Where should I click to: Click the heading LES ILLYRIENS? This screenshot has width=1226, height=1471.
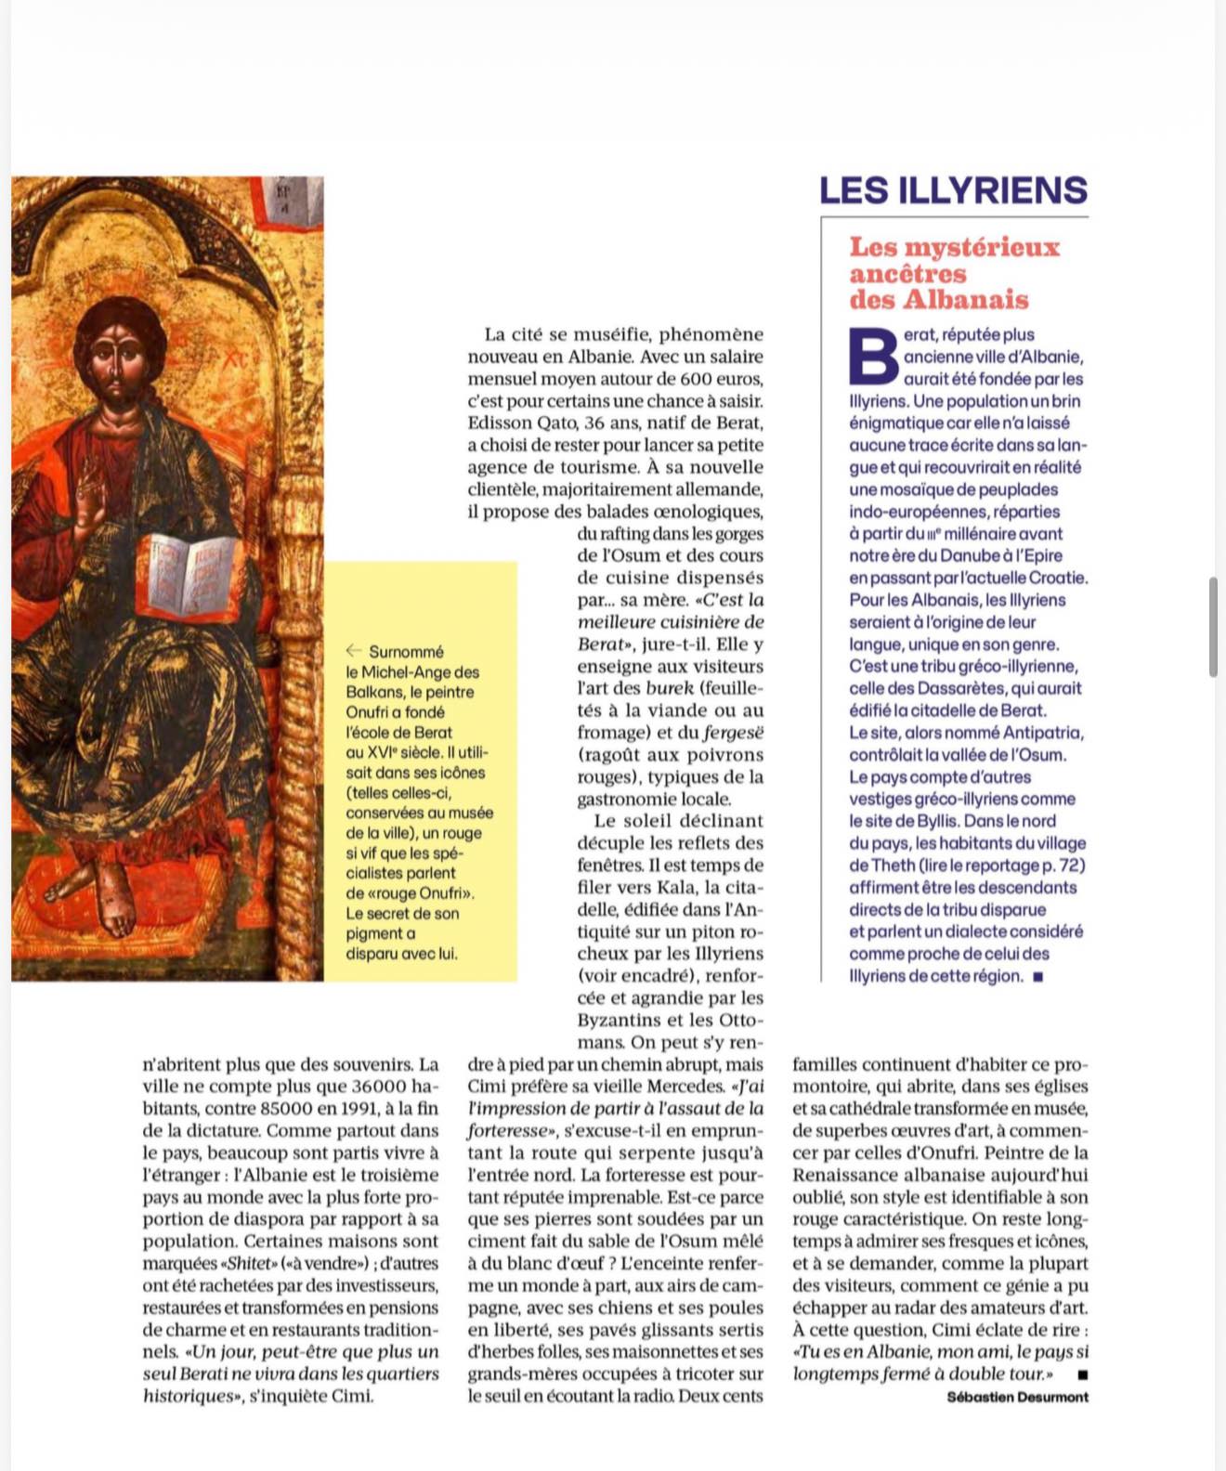tap(953, 190)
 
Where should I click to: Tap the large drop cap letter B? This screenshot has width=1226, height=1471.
tap(873, 358)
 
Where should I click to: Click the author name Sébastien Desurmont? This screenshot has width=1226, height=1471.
tap(1017, 1397)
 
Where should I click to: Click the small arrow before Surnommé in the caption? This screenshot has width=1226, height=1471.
tap(353, 651)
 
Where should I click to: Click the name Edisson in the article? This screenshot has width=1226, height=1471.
tap(501, 423)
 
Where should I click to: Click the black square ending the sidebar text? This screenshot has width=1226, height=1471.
tap(1037, 977)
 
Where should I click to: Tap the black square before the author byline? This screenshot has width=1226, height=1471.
tap(1082, 1374)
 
